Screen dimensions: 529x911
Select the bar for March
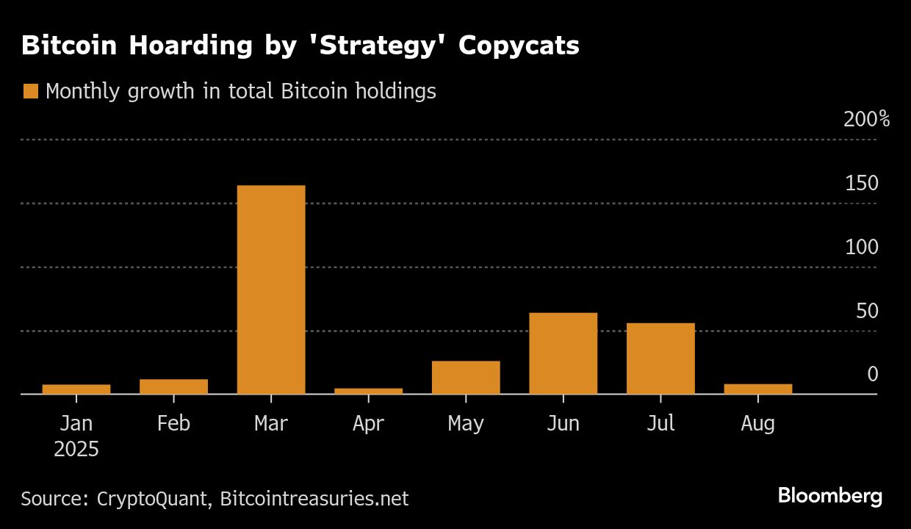pos(271,289)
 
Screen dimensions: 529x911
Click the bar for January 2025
pos(76,389)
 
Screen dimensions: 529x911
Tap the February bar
pos(173,386)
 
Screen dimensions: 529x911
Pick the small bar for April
pos(368,391)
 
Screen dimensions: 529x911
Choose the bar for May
pos(466,377)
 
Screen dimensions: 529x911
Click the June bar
pos(563,353)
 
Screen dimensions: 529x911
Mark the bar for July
pos(660,359)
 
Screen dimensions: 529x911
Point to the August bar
pos(757,389)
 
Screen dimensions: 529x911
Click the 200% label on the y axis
pos(866,120)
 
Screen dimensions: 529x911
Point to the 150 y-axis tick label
pos(861,184)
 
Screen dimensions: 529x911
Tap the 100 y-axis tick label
pos(861,248)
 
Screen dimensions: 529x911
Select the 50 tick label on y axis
pos(867,312)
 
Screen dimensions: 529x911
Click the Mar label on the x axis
pos(271,424)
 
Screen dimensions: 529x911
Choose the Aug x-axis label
pos(757,424)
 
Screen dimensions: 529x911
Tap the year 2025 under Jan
pos(76,449)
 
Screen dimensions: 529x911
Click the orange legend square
pos(30,92)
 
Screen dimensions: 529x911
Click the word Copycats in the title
pos(519,46)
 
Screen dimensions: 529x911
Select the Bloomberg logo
pos(830,496)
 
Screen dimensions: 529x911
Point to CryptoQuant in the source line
pos(152,499)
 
